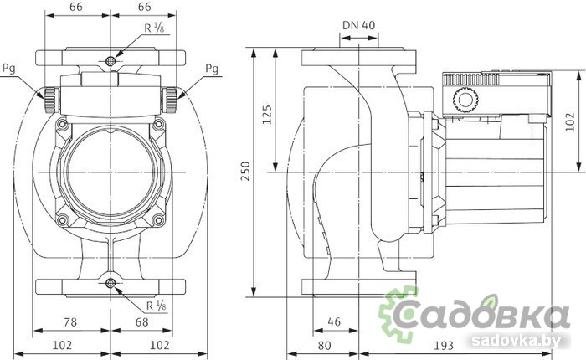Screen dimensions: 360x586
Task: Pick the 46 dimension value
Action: pyautogui.click(x=333, y=321)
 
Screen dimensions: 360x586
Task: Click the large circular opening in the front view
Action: pyautogui.click(x=111, y=172)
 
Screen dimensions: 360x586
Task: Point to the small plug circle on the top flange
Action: pyautogui.click(x=111, y=61)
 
